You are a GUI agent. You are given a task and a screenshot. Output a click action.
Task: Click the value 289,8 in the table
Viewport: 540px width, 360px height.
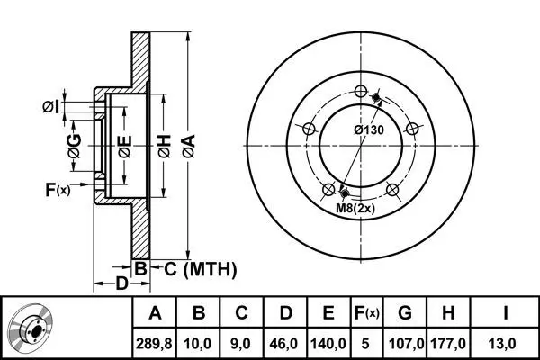[x=155, y=343]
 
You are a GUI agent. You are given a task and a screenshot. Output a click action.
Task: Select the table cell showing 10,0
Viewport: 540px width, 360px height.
[x=200, y=343]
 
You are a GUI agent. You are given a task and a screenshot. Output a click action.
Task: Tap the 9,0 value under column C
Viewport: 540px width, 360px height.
[x=241, y=343]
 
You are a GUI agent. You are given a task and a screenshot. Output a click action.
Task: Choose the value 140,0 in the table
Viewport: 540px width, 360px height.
[x=328, y=343]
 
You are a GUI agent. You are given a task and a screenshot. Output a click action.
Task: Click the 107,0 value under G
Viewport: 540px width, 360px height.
[x=405, y=343]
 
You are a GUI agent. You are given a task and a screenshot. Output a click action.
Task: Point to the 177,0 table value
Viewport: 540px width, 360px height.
[x=449, y=343]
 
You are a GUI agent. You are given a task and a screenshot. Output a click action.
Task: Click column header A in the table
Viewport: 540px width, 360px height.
[x=155, y=314]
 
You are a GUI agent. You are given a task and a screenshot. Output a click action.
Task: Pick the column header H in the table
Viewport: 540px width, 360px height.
[x=449, y=314]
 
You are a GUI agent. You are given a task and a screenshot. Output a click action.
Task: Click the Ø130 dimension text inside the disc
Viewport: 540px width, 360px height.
[x=371, y=130]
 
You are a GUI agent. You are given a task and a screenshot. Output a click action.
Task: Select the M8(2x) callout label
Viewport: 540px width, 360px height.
[x=355, y=210]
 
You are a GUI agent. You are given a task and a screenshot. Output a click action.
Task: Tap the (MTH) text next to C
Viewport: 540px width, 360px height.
[x=210, y=268]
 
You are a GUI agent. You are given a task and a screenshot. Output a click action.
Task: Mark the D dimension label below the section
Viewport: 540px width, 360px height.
[x=121, y=285]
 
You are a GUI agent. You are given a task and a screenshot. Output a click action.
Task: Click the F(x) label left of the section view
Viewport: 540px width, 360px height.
[x=57, y=189]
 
